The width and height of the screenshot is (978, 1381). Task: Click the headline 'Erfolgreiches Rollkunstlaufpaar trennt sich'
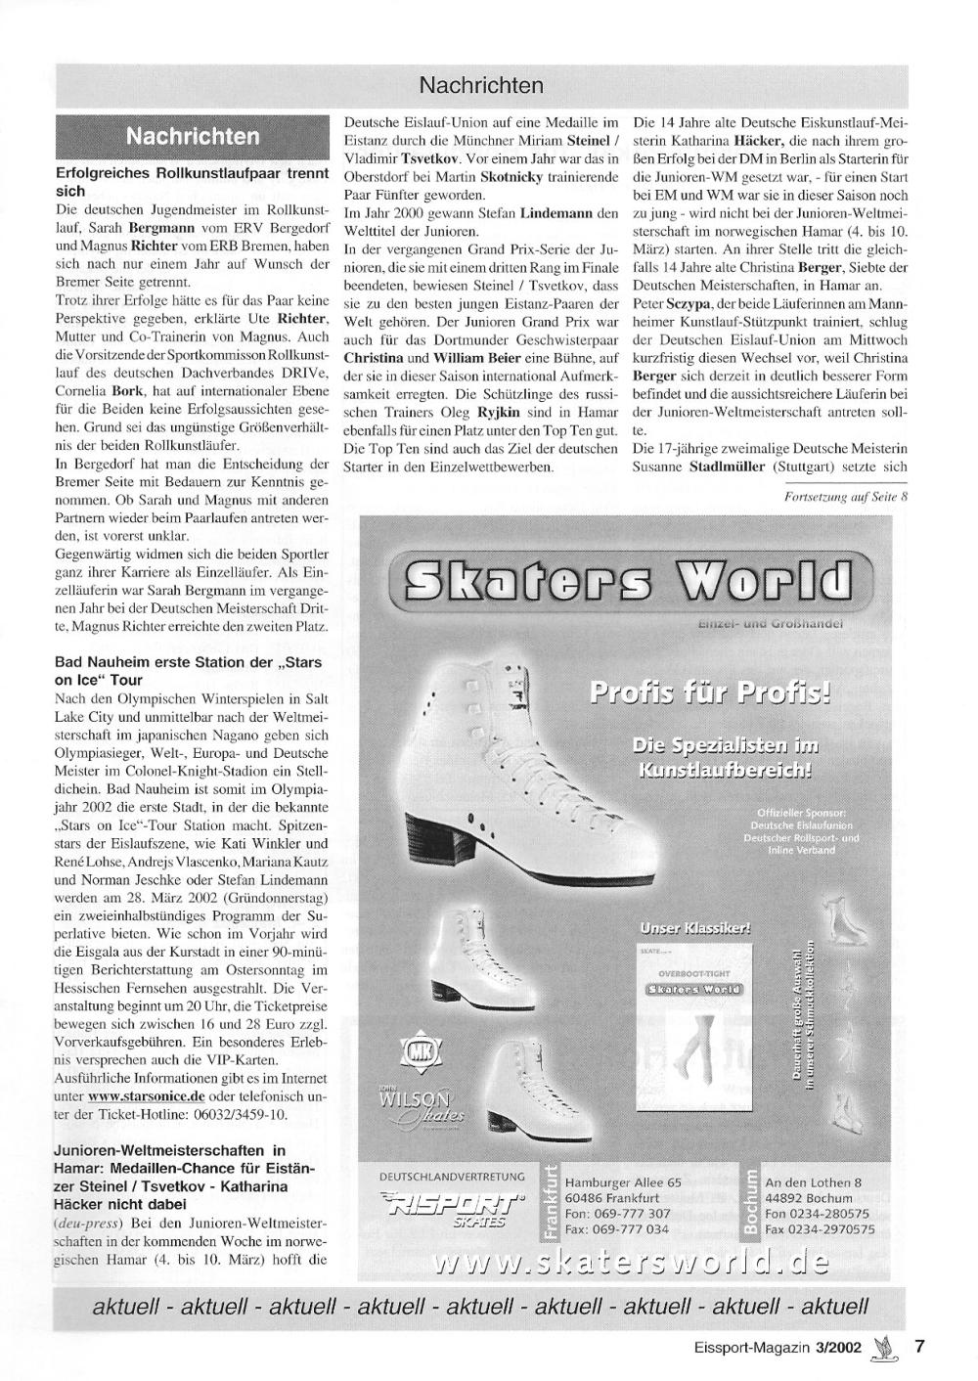coord(191,182)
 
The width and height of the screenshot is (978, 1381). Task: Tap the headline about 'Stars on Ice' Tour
coord(189,671)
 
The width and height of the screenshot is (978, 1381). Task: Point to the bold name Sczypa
coord(685,304)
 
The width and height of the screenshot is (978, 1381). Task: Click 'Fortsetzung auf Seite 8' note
coord(846,496)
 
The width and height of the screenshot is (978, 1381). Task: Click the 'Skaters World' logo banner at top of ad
coord(631,582)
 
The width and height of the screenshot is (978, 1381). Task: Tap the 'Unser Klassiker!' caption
coord(695,927)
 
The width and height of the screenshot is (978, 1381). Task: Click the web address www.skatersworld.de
coord(631,1264)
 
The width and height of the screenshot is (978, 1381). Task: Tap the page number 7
coord(919,1345)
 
